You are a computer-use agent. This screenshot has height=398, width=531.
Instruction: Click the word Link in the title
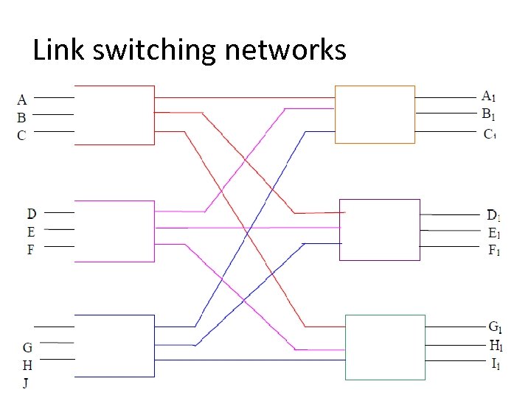click(56, 50)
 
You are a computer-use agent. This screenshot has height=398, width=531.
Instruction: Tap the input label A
click(22, 99)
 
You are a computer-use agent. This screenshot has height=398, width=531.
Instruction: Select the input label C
click(22, 135)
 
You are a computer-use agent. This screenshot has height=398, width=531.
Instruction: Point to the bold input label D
click(32, 214)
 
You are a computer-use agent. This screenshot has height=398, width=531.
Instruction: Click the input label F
click(31, 250)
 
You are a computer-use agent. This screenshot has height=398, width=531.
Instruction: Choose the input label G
click(27, 347)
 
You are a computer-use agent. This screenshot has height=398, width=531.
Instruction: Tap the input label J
click(27, 383)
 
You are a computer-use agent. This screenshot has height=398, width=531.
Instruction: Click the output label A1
click(488, 96)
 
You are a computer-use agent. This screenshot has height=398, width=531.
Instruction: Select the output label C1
click(489, 134)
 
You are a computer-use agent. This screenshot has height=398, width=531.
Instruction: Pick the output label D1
click(493, 216)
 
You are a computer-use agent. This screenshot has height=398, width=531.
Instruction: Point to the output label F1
click(493, 251)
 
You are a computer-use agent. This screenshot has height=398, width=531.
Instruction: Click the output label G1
click(496, 327)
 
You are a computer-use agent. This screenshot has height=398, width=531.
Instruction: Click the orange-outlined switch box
click(375, 114)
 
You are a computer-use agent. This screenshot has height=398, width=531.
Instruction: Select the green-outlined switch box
click(385, 347)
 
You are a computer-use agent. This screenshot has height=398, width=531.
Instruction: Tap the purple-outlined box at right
click(379, 229)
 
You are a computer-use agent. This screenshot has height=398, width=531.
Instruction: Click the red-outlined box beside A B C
click(114, 115)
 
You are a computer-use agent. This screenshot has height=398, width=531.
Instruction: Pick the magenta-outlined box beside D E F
click(114, 231)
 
